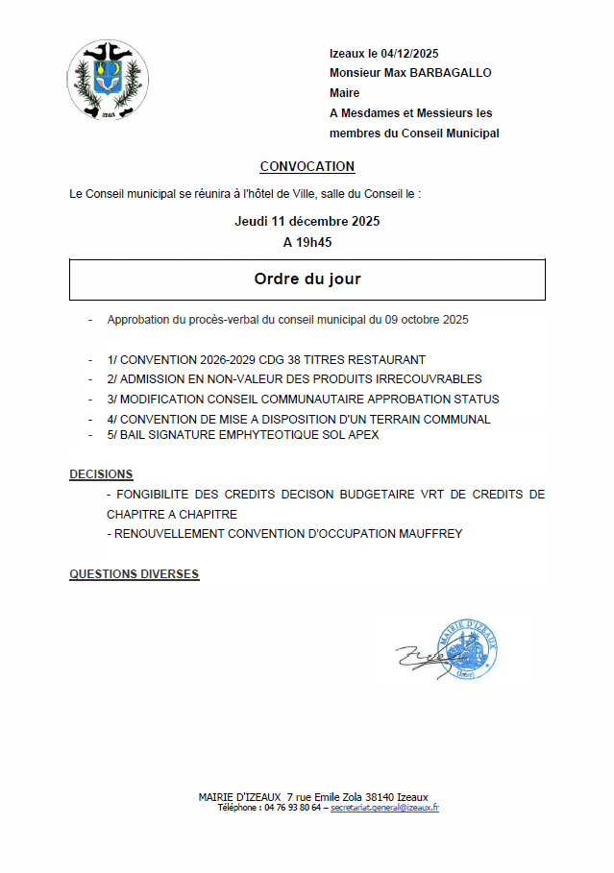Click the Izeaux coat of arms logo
click(108, 80)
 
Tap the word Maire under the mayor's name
click(344, 93)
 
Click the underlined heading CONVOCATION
click(307, 167)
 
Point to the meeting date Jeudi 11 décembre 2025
click(307, 222)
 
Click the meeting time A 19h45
click(307, 243)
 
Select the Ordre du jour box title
click(307, 279)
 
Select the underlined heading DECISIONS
click(101, 474)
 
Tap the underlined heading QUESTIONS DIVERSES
click(134, 574)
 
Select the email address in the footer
click(384, 808)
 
